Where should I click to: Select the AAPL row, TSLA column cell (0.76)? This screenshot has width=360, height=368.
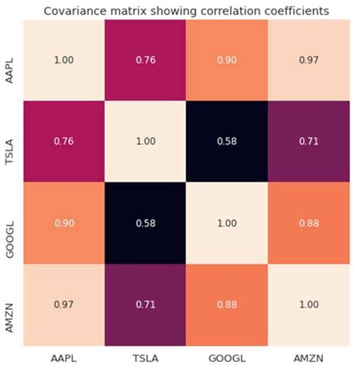[x=144, y=60]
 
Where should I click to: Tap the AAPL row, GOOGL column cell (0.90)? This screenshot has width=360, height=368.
[x=226, y=60]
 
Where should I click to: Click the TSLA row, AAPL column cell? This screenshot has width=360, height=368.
[x=63, y=141]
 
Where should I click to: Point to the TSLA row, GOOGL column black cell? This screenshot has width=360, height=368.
[x=226, y=141]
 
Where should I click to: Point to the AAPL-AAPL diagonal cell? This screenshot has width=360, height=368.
[x=63, y=60]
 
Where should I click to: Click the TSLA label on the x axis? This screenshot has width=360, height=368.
[x=144, y=356]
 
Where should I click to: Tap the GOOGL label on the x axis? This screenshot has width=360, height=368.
[x=226, y=356]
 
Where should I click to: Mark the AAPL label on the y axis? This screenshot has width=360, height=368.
[x=11, y=60]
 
